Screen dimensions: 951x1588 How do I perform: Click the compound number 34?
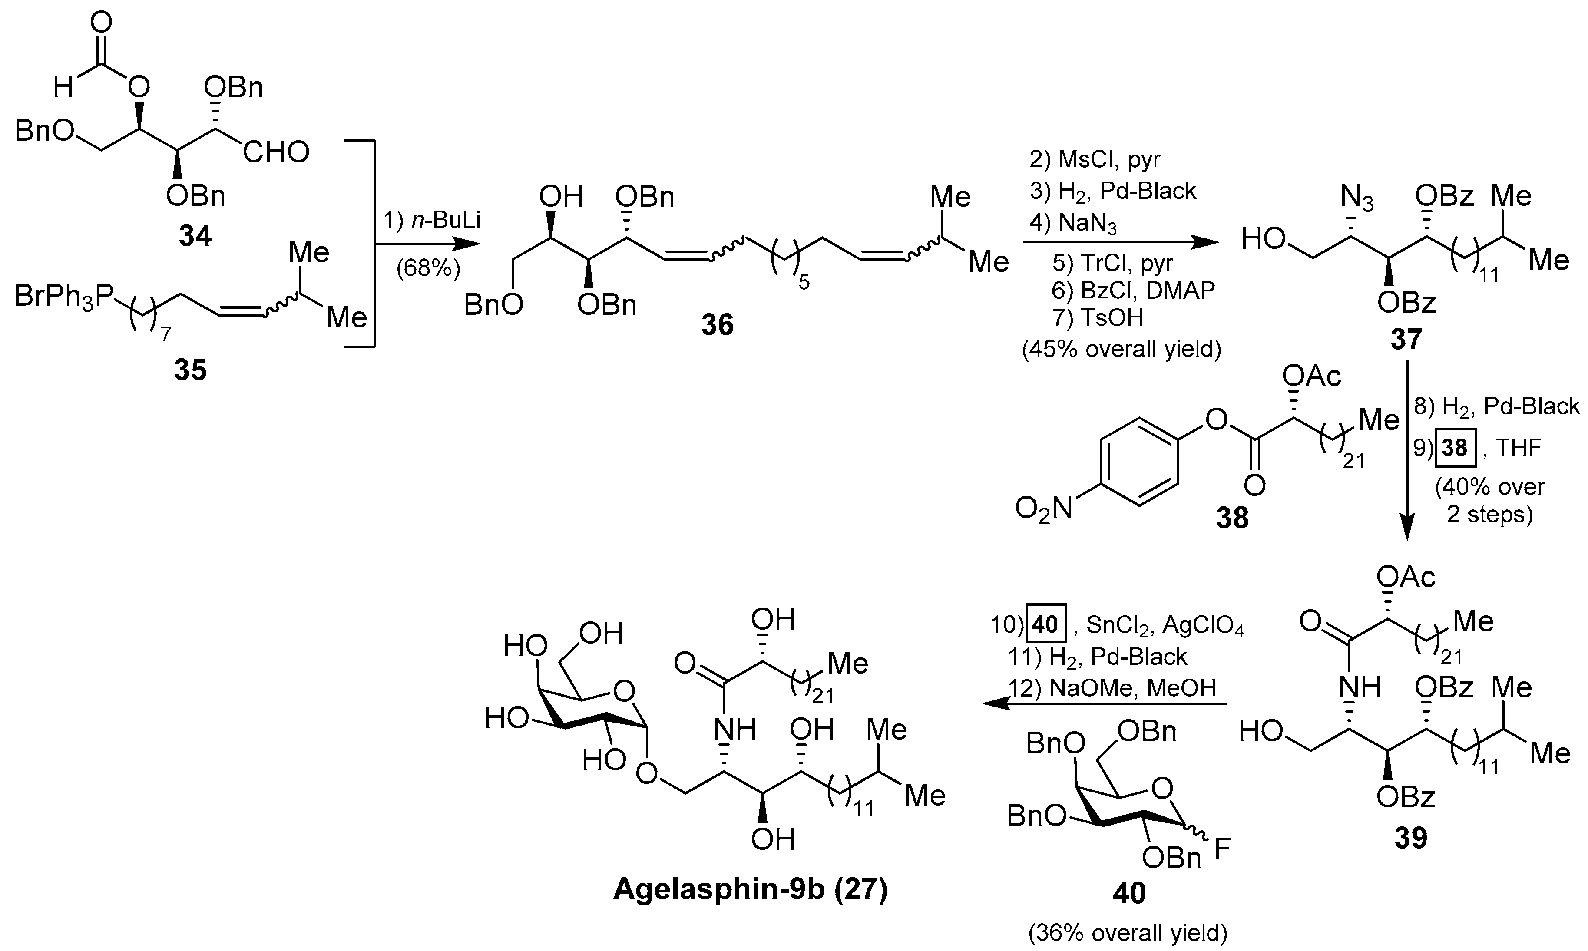pyautogui.click(x=195, y=237)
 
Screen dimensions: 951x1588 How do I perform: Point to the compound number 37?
pyautogui.click(x=1406, y=340)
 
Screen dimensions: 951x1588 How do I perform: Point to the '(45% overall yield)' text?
pyautogui.click(x=1122, y=349)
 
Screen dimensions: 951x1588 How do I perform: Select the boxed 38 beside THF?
pyautogui.click(x=1454, y=447)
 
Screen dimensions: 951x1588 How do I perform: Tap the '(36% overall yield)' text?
pyautogui.click(x=1128, y=934)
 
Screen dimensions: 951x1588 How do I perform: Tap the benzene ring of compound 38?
pyautogui.click(x=1139, y=462)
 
